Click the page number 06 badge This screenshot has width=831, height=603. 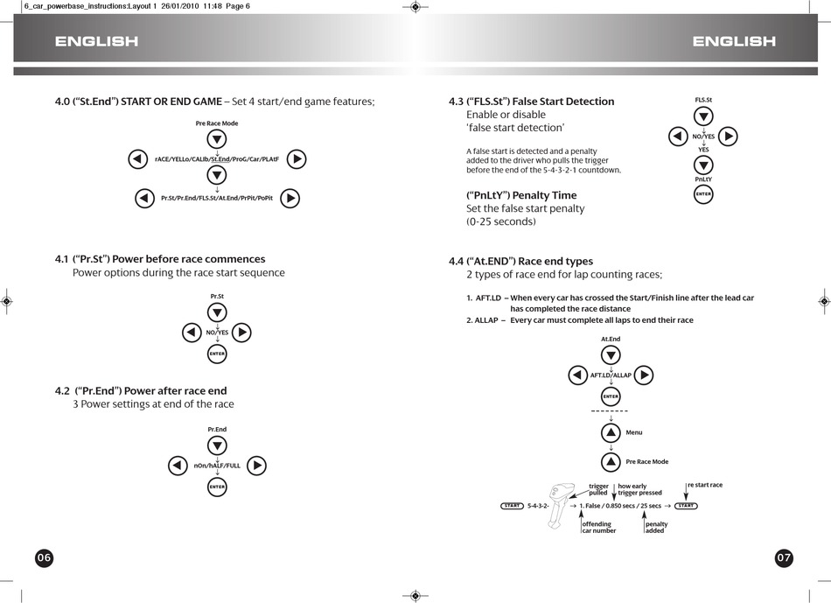45,558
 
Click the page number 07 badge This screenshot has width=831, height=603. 785,558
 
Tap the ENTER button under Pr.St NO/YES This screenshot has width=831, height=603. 217,354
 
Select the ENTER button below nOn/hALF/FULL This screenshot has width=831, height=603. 217,487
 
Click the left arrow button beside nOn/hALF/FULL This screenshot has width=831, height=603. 178,466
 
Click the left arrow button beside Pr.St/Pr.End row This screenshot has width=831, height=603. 144,199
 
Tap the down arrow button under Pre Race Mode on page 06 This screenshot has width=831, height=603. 217,140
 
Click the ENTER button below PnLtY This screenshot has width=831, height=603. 703,194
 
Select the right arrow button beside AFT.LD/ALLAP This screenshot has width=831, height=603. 644,375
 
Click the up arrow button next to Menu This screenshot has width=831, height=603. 611,432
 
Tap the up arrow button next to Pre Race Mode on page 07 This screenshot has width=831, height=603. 611,461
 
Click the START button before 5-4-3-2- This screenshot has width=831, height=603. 513,506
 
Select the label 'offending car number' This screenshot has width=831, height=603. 599,527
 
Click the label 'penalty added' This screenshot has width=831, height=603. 655,527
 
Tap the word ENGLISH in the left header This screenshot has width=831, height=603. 96,41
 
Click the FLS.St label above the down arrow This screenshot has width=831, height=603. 703,101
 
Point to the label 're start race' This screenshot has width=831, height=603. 705,485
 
